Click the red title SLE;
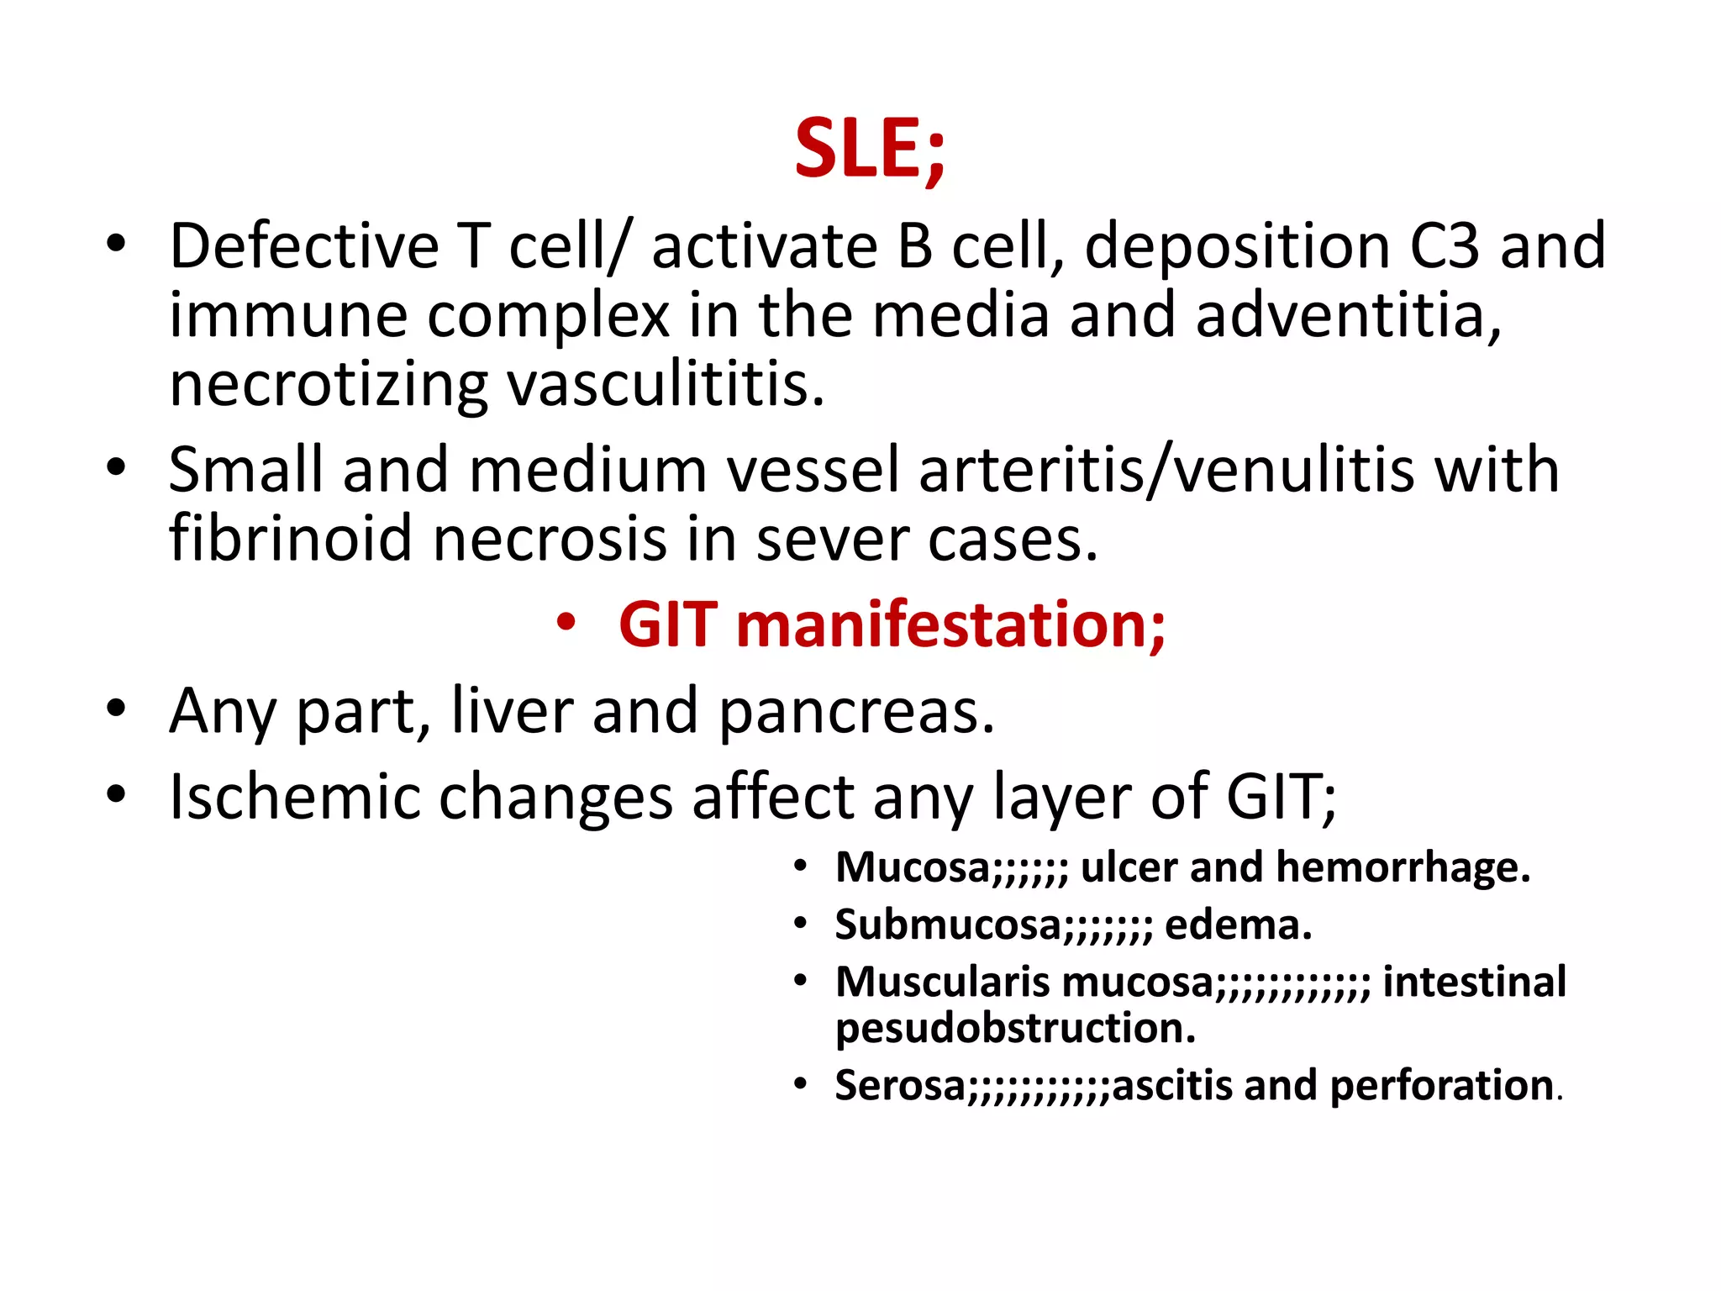(x=870, y=149)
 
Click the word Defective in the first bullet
(x=303, y=246)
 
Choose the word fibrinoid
(x=290, y=538)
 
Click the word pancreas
(x=856, y=711)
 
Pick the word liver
(x=512, y=711)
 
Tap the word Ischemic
(x=294, y=797)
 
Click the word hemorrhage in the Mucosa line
(x=1403, y=867)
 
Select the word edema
(x=1238, y=925)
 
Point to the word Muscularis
(x=942, y=982)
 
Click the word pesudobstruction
(x=1015, y=1028)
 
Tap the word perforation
(x=1441, y=1085)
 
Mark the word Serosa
(x=900, y=1085)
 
